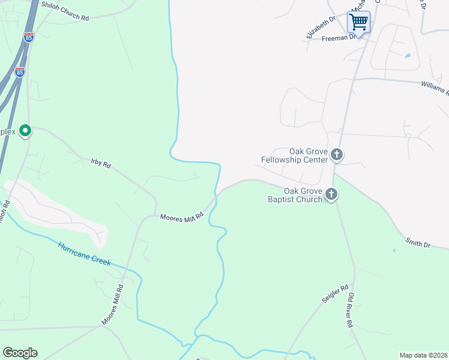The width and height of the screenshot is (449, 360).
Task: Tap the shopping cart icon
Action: tap(358, 22)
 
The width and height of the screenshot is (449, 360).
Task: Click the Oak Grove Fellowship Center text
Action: tap(295, 156)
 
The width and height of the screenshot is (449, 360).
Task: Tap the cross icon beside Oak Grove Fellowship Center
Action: tap(337, 155)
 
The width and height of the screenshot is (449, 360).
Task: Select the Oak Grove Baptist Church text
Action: tap(295, 195)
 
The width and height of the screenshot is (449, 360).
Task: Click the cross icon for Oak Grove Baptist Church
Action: tap(331, 194)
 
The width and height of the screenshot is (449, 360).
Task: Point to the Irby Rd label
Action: tap(101, 163)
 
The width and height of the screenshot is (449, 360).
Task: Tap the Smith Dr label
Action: tap(418, 243)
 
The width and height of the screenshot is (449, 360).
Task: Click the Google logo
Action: tap(20, 353)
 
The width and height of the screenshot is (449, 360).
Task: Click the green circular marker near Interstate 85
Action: tap(25, 130)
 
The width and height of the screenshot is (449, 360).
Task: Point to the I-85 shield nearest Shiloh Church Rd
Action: tap(29, 37)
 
